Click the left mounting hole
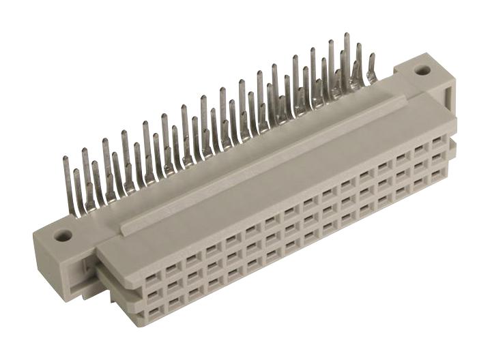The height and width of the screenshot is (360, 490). click(63, 236)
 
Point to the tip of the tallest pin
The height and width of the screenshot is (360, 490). click(347, 34)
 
